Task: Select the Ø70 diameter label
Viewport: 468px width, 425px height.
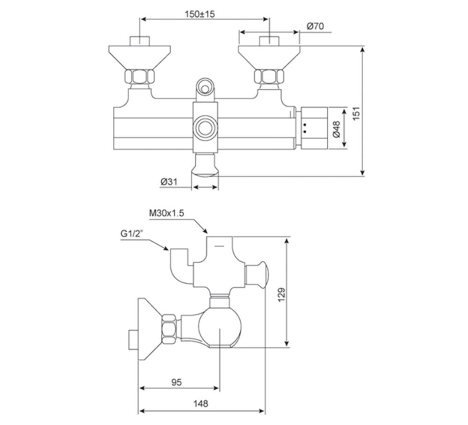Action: click(x=315, y=27)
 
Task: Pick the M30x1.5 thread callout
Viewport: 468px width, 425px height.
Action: click(x=167, y=213)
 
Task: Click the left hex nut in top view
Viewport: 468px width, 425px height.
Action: click(x=139, y=76)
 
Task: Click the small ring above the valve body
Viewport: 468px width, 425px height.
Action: click(x=205, y=86)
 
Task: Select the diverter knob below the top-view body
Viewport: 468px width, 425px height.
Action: click(x=205, y=168)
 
